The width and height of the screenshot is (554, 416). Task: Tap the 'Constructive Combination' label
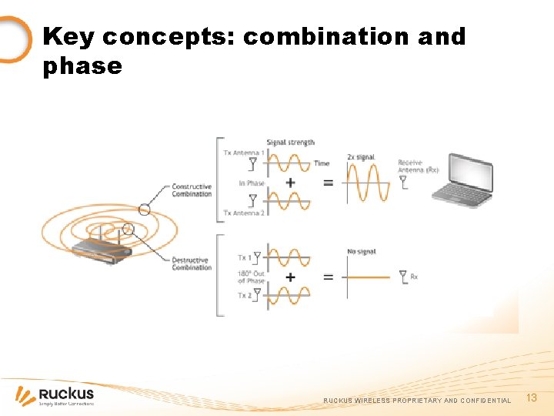192,190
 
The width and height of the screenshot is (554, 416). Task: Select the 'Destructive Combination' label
192,264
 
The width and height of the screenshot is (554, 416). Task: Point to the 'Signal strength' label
290,143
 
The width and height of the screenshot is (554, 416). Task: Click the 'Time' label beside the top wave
322,163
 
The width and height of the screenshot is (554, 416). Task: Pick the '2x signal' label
361,157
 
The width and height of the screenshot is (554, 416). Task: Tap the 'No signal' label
361,252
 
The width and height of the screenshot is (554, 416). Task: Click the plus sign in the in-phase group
290,183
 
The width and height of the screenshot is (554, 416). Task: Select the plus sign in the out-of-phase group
290,277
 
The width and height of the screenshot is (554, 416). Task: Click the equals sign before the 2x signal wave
329,183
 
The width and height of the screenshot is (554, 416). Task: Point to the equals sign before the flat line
329,277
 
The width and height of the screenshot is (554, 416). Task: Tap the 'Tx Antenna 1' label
243,153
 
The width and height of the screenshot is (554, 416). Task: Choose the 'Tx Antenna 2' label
243,213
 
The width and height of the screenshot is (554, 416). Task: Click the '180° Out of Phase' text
251,277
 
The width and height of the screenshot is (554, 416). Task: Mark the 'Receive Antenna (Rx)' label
418,166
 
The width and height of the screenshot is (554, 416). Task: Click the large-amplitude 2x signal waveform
368,183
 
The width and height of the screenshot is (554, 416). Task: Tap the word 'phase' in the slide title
82,66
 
